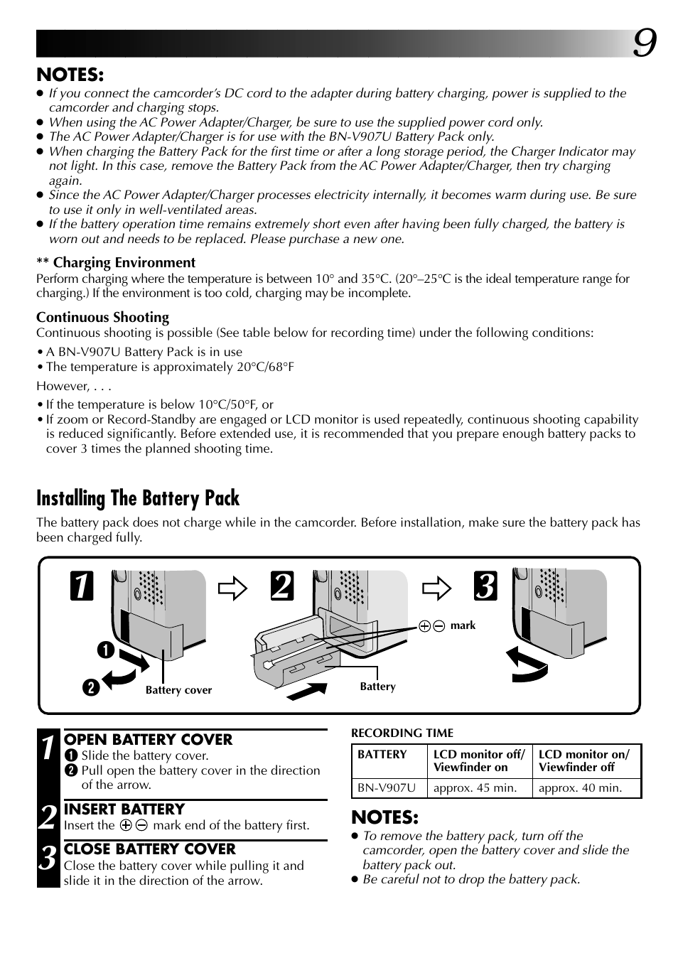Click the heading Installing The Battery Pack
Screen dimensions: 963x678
pos(138,498)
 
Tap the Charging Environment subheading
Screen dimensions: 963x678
pos(124,263)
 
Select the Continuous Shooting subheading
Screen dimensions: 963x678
pos(103,318)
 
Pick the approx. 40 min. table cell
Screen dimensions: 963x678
pos(580,787)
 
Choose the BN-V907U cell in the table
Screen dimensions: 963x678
pos(387,787)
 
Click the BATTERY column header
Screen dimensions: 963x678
pos(382,755)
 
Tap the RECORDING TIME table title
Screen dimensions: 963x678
pos(402,733)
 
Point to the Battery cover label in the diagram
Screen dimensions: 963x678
pos(178,690)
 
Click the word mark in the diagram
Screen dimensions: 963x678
pos(463,625)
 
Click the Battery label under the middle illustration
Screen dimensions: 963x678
pos(377,687)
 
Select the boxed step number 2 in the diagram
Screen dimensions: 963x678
pos(281,586)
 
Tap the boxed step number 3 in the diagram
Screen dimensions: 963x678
pos(486,586)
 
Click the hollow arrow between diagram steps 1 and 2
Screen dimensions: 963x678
pos(233,589)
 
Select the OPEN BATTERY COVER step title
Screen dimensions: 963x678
pos(148,740)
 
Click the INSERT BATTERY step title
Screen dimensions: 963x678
pos(124,809)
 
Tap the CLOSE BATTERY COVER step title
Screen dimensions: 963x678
pos(150,849)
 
